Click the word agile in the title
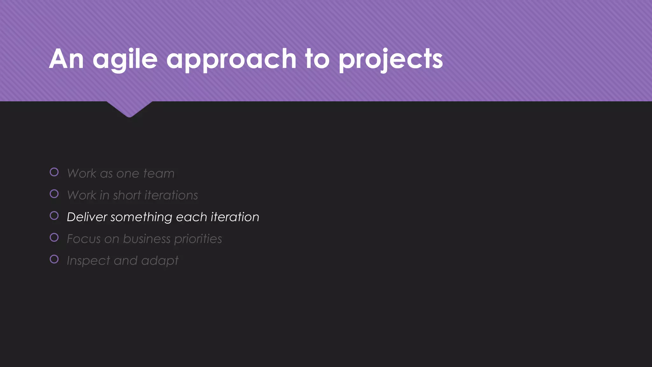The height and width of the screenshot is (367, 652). click(x=125, y=59)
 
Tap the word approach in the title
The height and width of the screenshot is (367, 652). click(x=231, y=59)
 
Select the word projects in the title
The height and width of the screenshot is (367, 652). click(x=391, y=59)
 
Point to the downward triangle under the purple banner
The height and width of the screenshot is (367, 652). click(x=129, y=108)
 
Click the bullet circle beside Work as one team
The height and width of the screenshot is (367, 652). click(x=54, y=172)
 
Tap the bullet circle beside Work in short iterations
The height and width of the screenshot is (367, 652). click(x=54, y=194)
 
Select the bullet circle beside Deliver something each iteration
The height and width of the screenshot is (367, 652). click(x=54, y=216)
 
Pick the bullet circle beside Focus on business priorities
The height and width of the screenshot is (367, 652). click(x=54, y=237)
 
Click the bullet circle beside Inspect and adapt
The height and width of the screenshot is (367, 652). click(x=54, y=259)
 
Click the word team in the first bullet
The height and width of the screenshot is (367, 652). click(x=159, y=173)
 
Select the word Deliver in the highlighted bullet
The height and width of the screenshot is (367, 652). click(x=87, y=217)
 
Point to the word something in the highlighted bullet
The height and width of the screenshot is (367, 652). click(x=141, y=217)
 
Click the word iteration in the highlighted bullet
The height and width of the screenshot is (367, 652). click(x=235, y=217)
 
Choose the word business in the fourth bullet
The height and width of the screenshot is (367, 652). click(x=147, y=239)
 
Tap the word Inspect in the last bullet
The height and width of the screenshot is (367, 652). click(x=88, y=261)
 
